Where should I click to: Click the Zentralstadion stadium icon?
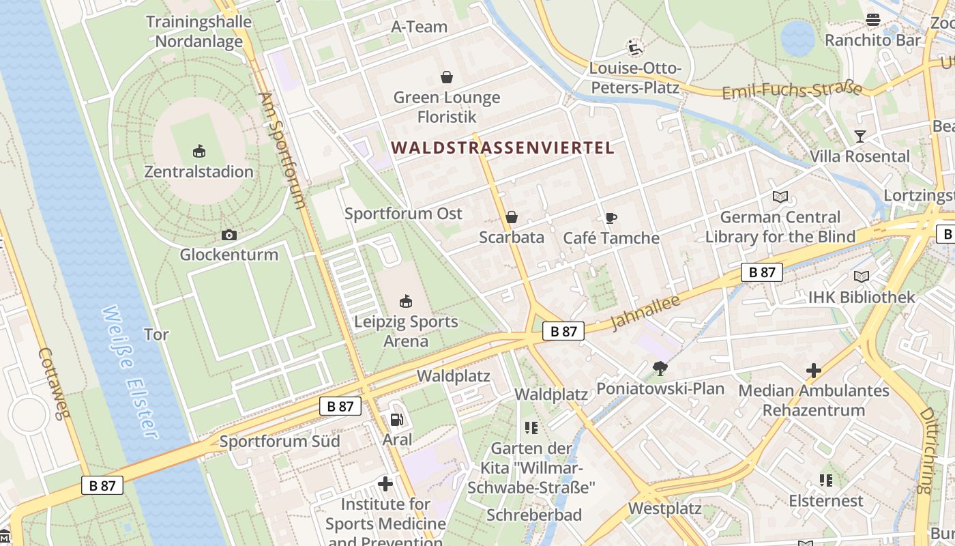[x=199, y=150]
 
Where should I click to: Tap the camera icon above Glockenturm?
[x=229, y=235]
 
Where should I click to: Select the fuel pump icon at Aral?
[x=397, y=420]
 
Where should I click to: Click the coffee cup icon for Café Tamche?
[x=611, y=218]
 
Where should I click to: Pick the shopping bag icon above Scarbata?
[x=512, y=217]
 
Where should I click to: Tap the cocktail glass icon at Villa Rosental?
[x=859, y=136]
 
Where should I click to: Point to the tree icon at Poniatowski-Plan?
[x=660, y=369]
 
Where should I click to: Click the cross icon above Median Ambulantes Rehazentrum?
[x=813, y=371]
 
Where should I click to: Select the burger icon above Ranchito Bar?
[x=872, y=20]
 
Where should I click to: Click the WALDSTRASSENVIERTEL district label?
[x=503, y=147]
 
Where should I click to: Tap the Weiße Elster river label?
[x=130, y=372]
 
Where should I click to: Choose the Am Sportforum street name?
[x=282, y=150]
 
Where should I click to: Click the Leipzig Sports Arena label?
[x=406, y=331]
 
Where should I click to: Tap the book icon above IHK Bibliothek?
[x=862, y=276]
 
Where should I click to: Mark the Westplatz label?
[x=664, y=508]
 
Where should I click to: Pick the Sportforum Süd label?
[x=280, y=442]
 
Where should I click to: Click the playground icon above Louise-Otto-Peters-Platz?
[x=635, y=48]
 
